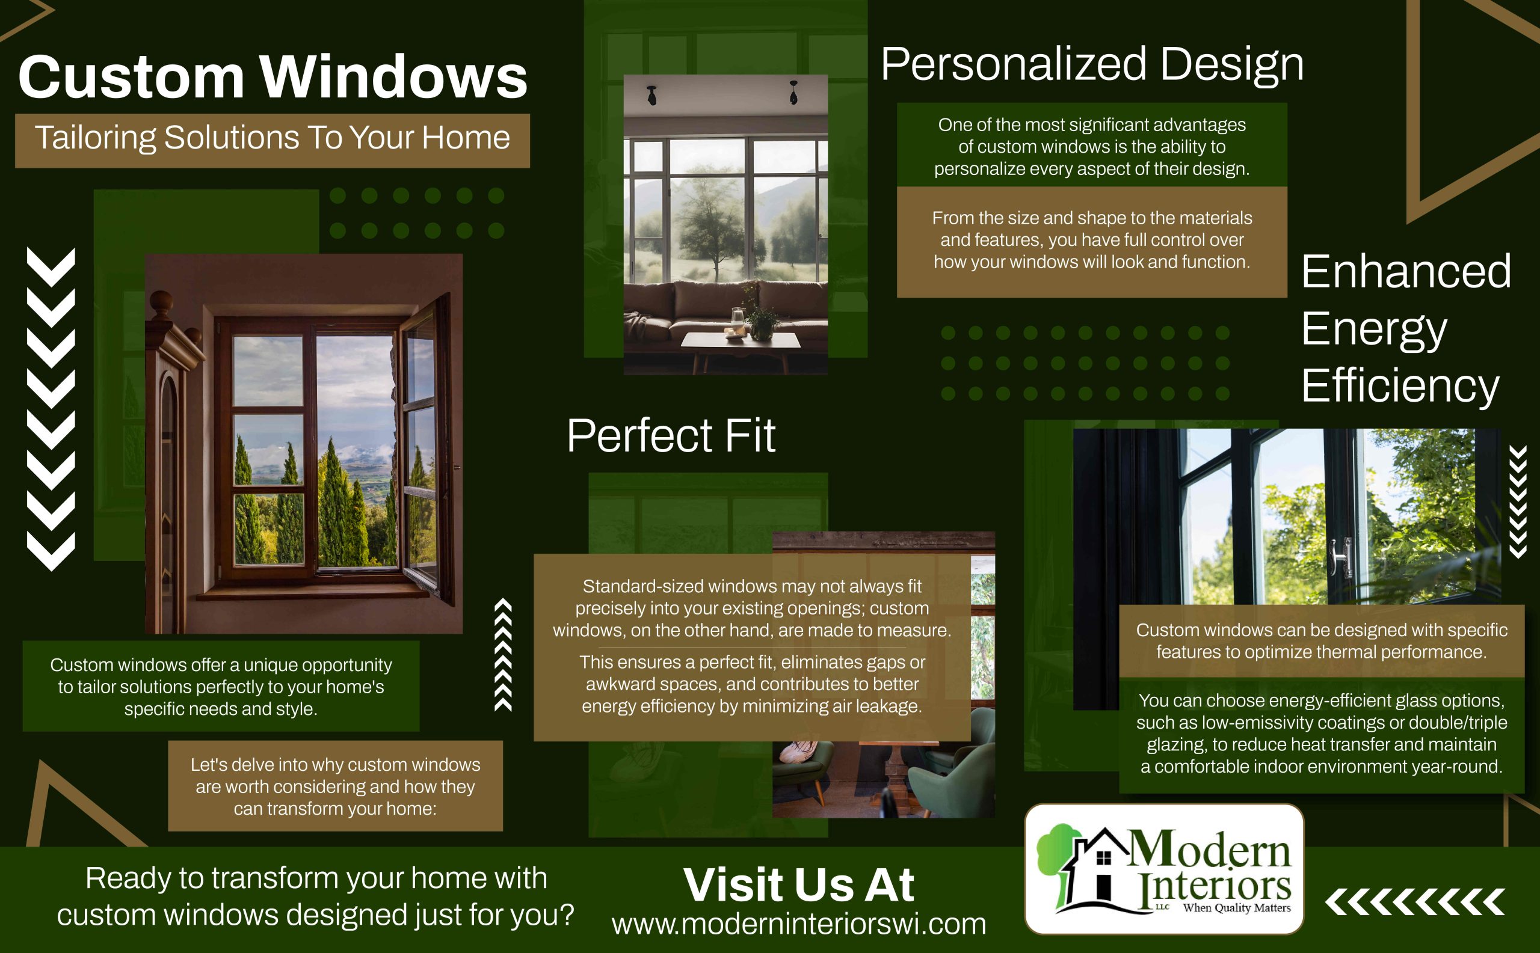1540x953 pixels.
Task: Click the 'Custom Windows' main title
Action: [x=273, y=77]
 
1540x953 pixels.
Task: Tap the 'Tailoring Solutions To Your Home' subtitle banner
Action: [x=273, y=141]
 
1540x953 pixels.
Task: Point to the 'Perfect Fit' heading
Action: [x=671, y=435]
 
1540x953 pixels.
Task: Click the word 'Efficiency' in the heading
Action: [x=1400, y=387]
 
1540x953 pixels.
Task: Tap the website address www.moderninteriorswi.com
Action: [x=799, y=924]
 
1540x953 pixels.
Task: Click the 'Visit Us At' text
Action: [x=799, y=885]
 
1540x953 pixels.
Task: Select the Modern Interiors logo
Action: [x=1164, y=869]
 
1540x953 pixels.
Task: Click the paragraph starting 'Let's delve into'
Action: [x=336, y=786]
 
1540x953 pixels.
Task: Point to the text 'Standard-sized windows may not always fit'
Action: [x=752, y=586]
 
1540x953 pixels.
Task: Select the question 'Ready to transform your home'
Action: [x=315, y=896]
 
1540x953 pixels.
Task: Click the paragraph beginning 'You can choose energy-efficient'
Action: [x=1322, y=733]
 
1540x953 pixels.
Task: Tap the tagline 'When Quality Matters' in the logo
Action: [x=1237, y=908]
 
